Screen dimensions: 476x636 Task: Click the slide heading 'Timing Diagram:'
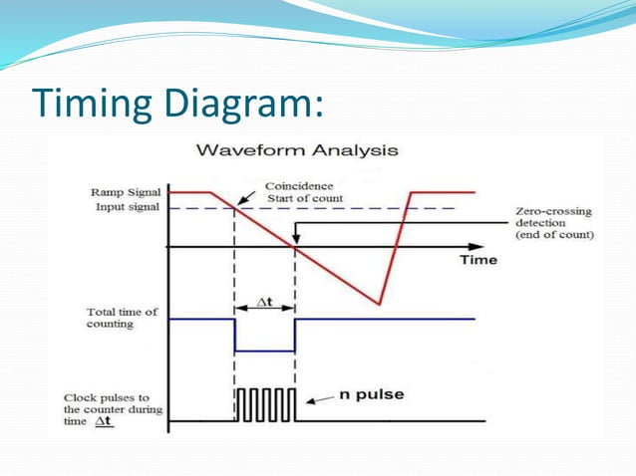tap(178, 104)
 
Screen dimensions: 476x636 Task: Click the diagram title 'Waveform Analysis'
tap(297, 151)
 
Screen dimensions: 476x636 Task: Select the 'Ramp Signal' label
tap(126, 192)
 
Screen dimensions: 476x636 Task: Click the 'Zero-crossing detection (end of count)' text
tap(554, 224)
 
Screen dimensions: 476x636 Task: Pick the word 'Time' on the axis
tap(477, 260)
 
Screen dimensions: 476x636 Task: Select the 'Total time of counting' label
tap(122, 318)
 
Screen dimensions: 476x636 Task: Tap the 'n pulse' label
tap(370, 394)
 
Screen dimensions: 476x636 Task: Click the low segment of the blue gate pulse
tap(264, 351)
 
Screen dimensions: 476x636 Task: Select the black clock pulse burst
tap(264, 405)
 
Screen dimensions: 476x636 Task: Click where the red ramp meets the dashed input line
tap(234, 208)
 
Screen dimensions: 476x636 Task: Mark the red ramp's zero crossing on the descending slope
tap(296, 246)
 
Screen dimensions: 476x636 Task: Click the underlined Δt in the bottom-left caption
tap(103, 422)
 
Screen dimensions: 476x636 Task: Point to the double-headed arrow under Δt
tap(264, 311)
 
